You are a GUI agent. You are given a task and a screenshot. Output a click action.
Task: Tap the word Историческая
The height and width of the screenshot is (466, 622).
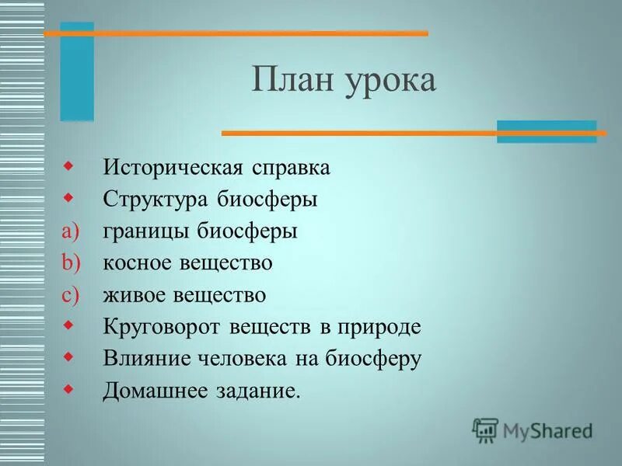[x=173, y=168]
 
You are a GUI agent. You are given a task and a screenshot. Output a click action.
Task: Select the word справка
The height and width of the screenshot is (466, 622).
[x=292, y=169]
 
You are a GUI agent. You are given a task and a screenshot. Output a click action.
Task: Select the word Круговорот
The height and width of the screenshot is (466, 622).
[x=162, y=327]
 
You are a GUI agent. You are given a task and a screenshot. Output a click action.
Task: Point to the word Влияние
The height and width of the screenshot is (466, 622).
[x=148, y=359]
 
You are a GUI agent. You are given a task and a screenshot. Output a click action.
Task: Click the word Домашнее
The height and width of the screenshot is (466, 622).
[x=152, y=391]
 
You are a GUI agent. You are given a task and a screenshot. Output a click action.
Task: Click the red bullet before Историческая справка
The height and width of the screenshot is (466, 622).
[x=69, y=166]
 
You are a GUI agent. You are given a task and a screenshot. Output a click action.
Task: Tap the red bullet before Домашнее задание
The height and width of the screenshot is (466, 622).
[x=69, y=388]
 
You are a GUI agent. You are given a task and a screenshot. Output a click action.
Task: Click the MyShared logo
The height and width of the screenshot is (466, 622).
[x=532, y=429]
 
